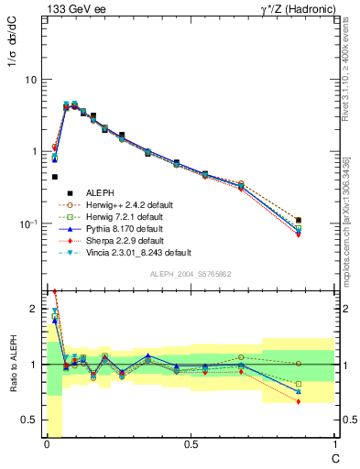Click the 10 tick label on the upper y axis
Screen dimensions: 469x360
29,80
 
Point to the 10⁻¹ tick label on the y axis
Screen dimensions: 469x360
27,224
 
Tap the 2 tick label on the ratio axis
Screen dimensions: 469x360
32,310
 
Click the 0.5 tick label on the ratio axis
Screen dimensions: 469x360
29,420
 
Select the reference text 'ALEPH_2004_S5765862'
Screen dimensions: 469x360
190,274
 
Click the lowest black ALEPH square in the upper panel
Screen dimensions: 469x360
325,220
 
